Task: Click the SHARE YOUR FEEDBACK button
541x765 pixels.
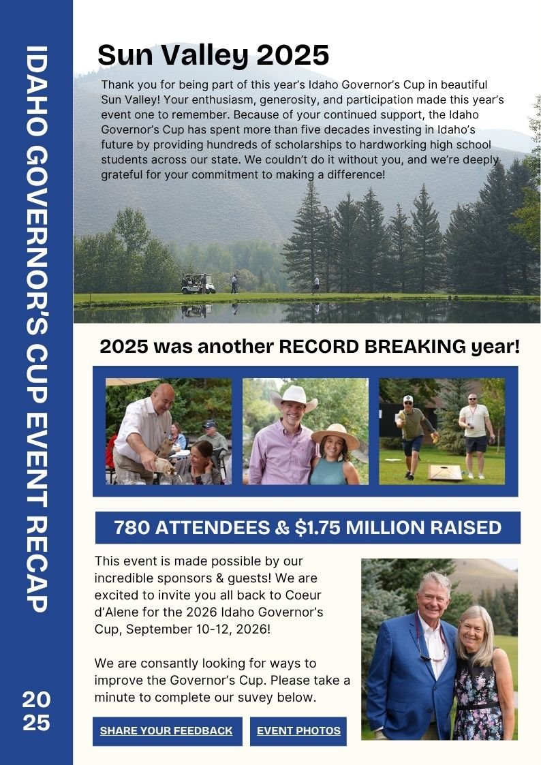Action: [167, 731]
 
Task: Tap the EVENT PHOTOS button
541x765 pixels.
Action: [298, 731]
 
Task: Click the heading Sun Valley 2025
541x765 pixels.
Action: [213, 54]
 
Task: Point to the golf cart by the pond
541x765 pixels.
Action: [197, 284]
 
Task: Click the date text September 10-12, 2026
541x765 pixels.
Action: [198, 628]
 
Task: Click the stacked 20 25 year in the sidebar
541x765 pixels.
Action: [36, 711]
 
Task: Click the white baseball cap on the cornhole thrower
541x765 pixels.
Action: [407, 399]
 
